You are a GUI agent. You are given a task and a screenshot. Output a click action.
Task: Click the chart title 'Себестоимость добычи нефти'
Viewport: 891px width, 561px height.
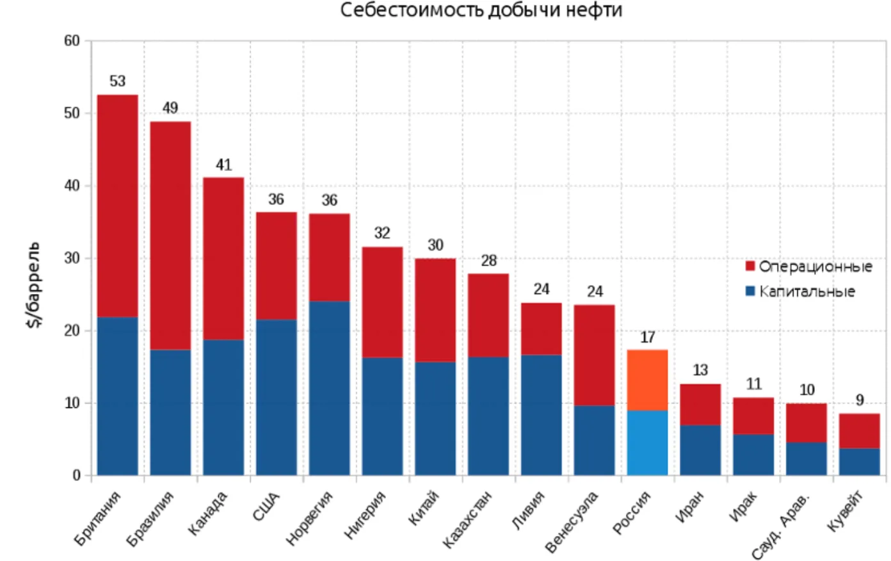(x=481, y=11)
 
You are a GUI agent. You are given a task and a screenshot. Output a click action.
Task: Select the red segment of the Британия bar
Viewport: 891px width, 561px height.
(x=118, y=205)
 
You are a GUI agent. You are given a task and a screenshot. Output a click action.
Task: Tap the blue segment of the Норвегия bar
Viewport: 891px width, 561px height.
(x=330, y=387)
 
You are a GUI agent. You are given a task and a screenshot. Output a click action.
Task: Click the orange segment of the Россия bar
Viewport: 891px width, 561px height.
(x=647, y=380)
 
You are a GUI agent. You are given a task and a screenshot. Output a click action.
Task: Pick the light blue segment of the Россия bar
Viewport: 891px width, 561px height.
(x=647, y=443)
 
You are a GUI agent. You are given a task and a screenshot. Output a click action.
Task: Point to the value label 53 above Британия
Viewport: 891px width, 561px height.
(x=118, y=81)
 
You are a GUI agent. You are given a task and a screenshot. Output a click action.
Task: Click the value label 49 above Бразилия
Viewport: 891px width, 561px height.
(x=170, y=108)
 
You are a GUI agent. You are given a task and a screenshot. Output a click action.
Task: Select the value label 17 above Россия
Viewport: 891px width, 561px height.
(x=647, y=337)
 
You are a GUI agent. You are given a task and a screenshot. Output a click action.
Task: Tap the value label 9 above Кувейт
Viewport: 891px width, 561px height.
(x=860, y=400)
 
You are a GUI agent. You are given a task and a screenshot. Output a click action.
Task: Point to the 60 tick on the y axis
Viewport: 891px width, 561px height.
(x=72, y=41)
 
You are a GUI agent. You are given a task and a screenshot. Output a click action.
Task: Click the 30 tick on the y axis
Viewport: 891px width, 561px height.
(x=72, y=258)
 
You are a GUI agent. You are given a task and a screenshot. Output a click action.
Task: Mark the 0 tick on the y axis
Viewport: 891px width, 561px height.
(x=77, y=475)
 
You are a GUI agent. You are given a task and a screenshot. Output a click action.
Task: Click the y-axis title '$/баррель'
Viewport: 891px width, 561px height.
(x=34, y=285)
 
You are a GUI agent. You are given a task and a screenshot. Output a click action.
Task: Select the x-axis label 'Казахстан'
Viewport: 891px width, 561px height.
(x=468, y=519)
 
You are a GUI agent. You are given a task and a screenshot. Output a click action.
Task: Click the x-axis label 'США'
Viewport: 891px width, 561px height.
(x=267, y=507)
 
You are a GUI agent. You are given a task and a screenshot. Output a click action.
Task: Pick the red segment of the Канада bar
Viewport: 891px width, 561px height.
(x=223, y=258)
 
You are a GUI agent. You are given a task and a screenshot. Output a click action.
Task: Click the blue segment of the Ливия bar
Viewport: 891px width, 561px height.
(x=542, y=415)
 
